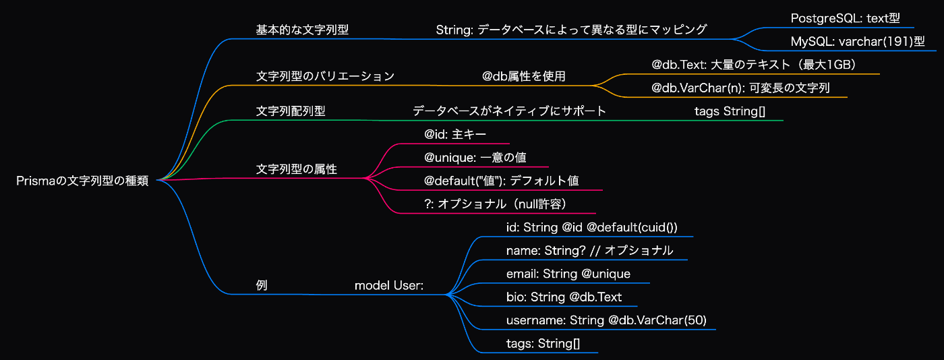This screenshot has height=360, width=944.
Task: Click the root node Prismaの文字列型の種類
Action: (82, 181)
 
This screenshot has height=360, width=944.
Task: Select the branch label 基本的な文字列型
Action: (302, 30)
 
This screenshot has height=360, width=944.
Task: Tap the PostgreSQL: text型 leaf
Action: (845, 19)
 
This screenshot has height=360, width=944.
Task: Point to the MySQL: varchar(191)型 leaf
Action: (858, 42)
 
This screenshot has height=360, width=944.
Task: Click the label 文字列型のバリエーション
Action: (325, 76)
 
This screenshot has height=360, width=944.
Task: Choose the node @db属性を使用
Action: (523, 76)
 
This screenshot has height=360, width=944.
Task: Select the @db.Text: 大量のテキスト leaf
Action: (754, 65)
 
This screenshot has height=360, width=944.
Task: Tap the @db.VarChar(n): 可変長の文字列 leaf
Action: (740, 88)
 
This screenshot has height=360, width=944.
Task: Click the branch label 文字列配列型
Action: (291, 111)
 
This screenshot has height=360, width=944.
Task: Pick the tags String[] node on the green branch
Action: (730, 111)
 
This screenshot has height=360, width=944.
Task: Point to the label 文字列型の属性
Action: (296, 169)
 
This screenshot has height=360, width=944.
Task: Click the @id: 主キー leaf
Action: (455, 134)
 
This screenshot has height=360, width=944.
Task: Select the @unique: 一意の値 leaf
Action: (475, 158)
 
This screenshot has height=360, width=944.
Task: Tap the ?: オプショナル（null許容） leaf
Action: (495, 204)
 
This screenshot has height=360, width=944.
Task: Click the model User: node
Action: (389, 286)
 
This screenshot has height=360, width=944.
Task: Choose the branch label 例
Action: (262, 285)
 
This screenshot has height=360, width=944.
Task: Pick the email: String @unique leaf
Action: (568, 274)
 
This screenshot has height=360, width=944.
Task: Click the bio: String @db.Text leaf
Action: (564, 297)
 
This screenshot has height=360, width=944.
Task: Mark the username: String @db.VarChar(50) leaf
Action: (606, 320)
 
